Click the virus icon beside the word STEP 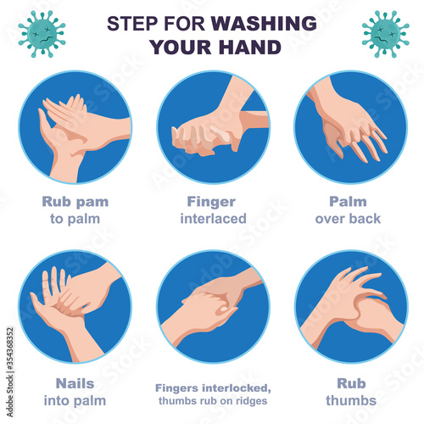pos(42,34)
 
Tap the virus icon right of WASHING pos(386,34)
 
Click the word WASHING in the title pos(264,23)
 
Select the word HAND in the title pos(250,47)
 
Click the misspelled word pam pos(92,203)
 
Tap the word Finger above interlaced pos(211,203)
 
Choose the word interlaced pos(214,219)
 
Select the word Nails pos(75,383)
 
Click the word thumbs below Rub pos(351,400)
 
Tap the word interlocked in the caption pos(237,388)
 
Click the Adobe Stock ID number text pos(10,349)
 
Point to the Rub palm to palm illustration pos(75,127)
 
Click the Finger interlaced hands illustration pos(214,127)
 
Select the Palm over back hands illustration pos(350,127)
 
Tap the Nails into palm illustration pos(75,307)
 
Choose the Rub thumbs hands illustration pos(351,307)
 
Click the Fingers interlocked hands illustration pos(214,307)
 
